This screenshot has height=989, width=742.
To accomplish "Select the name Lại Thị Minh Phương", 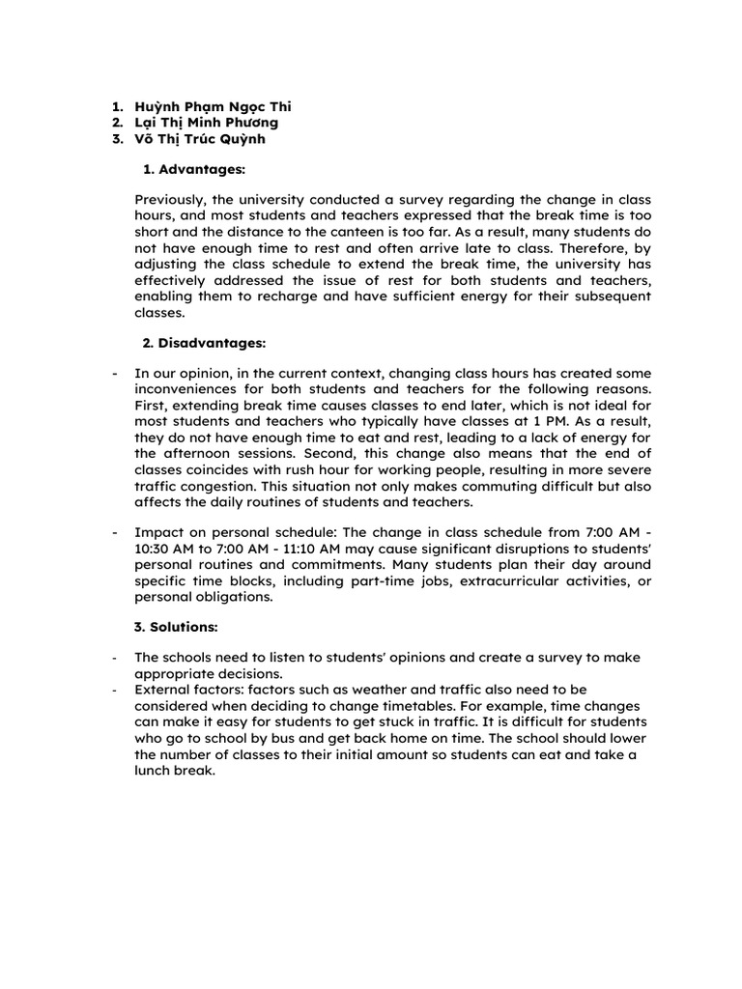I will (207, 123).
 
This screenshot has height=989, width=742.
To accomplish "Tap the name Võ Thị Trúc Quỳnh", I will (200, 138).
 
